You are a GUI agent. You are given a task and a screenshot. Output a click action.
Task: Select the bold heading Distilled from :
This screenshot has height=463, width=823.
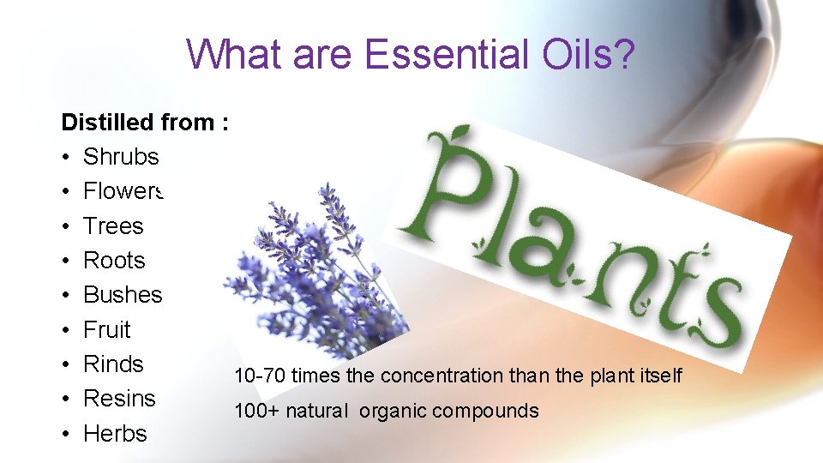coord(144,123)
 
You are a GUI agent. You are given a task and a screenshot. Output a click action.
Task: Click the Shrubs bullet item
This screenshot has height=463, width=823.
coord(121,157)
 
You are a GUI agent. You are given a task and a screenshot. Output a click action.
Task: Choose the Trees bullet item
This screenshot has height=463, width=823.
coord(113,225)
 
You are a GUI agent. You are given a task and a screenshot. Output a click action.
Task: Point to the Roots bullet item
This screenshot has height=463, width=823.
coord(114,261)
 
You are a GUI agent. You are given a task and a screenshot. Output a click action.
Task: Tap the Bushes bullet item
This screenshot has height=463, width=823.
coord(123,295)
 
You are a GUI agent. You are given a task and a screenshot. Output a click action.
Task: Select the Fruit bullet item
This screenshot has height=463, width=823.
coord(107,329)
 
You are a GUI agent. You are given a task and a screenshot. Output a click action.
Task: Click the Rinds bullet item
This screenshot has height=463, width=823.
coord(113,364)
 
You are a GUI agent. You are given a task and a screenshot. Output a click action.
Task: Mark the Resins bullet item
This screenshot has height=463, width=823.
coord(119,399)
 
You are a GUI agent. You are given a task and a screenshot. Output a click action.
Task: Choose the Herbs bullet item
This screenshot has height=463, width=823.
coord(115,434)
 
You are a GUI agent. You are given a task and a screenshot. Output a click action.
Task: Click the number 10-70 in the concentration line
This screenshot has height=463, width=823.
coord(259,376)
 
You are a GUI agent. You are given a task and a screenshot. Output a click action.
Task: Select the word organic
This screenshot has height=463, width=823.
coord(393,412)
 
